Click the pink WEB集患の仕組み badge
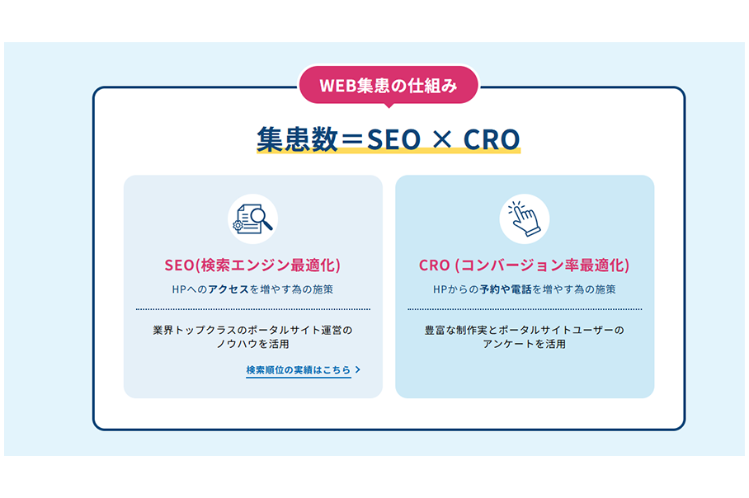389,85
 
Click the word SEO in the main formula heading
393,139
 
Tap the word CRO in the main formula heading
492,139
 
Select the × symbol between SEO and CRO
442,140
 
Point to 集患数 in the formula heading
298,139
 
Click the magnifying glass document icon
252,219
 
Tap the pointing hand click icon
524,219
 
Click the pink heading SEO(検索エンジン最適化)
252,265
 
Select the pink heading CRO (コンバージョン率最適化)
524,265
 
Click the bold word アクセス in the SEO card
228,289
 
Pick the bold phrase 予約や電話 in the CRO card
506,289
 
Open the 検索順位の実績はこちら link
299,370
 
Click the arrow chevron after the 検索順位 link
358,369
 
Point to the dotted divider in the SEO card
253,309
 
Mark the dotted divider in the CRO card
525,309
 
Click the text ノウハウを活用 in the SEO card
252,344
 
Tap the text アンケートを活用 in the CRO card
524,344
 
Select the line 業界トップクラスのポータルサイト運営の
252,330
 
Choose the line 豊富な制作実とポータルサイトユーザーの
524,330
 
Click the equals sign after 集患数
352,140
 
